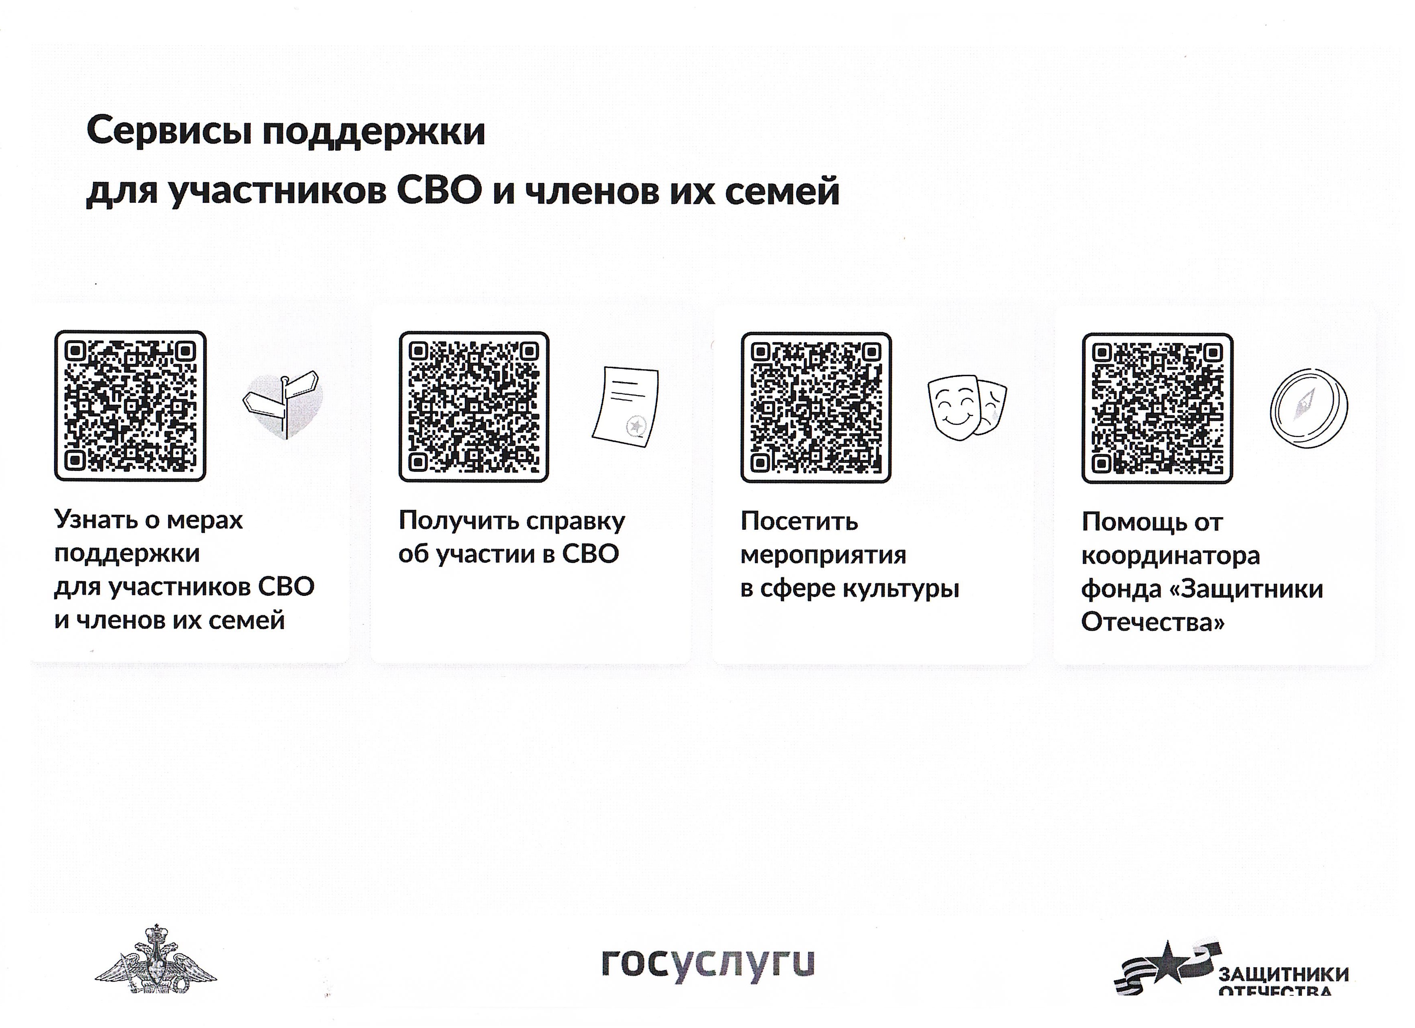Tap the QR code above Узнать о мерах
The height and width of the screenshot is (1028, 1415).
coord(130,406)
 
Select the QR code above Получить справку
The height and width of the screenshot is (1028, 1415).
coord(474,407)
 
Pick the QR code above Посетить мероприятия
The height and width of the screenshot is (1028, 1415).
coord(816,407)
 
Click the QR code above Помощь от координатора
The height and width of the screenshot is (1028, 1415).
coord(1157,408)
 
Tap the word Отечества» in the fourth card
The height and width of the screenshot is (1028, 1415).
coord(1153,622)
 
